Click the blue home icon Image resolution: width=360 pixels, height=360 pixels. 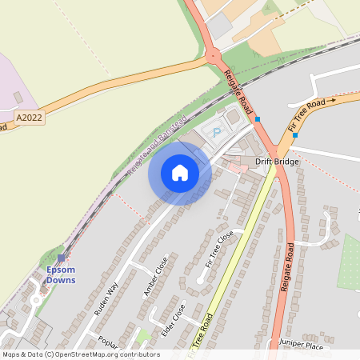pos(180,173)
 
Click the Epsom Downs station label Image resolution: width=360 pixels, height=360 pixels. pos(60,274)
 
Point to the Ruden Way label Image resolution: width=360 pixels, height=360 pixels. pos(107,298)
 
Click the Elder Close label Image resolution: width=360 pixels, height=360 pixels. pos(173,320)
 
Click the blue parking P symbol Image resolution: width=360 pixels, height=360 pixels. pos(214,132)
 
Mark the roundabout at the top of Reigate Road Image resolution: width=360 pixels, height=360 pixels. pos(214,57)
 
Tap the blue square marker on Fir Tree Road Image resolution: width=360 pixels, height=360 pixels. pos(295,135)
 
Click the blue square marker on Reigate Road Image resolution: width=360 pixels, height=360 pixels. pos(257,119)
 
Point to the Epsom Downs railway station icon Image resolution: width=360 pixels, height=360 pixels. pos(61,258)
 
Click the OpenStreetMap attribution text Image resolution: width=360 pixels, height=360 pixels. pos(70,354)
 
